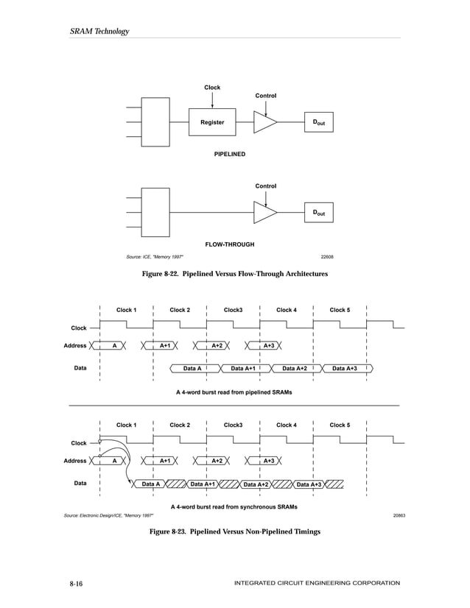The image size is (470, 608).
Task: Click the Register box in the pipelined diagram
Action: (212, 122)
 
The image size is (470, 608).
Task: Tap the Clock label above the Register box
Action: (212, 88)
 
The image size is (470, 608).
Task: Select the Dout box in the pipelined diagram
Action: (319, 122)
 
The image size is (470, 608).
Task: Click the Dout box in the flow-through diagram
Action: (319, 213)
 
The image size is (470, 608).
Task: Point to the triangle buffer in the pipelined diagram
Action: (264, 122)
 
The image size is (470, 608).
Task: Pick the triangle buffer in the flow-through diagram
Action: (264, 213)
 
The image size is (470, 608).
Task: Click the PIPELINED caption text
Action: (229, 155)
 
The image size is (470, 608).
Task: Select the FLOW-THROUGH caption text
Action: (229, 243)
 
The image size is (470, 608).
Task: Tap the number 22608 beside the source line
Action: (327, 257)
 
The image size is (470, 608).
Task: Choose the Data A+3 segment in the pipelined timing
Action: (345, 368)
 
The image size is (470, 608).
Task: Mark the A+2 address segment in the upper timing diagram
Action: (217, 345)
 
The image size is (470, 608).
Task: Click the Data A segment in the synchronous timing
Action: (151, 484)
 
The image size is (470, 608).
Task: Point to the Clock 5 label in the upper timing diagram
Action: (340, 310)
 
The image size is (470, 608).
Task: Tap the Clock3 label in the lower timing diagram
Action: (234, 425)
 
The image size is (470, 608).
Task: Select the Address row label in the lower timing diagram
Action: (75, 461)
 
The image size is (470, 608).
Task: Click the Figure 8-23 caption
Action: (235, 531)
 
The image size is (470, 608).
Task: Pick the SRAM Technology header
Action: (99, 31)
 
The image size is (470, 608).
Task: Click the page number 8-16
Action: (76, 584)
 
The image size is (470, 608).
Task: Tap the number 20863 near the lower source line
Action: (399, 515)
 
